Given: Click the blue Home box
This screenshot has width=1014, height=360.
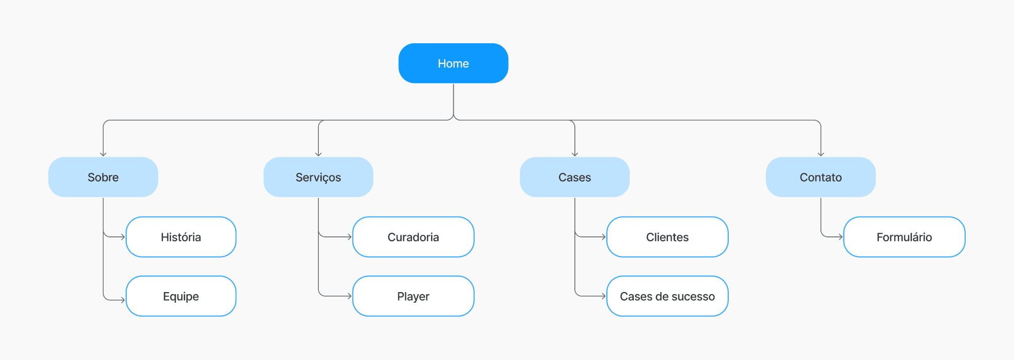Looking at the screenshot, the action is (x=453, y=63).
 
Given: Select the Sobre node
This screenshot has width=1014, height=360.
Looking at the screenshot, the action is (x=103, y=177).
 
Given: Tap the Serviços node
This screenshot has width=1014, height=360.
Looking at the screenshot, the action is (x=318, y=177).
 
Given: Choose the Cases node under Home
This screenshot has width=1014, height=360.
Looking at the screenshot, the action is (x=574, y=177).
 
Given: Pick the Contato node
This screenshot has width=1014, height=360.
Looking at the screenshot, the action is (x=821, y=177).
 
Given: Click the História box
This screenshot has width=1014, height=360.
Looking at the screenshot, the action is (x=181, y=237).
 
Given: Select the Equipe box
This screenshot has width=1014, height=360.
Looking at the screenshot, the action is (x=181, y=296).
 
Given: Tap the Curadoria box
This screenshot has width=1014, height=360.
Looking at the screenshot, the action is (x=413, y=237).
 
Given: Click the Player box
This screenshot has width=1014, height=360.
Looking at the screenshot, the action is (x=413, y=296).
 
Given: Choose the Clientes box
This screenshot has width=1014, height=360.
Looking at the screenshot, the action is (x=667, y=237).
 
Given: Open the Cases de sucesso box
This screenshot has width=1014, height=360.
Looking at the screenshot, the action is (x=667, y=296).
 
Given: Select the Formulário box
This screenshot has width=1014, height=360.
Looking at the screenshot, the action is (x=904, y=237).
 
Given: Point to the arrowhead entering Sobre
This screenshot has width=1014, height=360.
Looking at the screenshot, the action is (x=103, y=154).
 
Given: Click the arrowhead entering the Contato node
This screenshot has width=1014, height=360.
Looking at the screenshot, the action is (x=821, y=154).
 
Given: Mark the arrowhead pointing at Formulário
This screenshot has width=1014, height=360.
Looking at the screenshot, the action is (x=840, y=237).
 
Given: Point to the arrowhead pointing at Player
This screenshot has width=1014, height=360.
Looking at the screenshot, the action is (x=350, y=296).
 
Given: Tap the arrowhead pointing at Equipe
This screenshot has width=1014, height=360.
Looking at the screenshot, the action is (x=123, y=300).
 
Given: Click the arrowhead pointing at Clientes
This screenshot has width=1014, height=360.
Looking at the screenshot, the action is (x=604, y=237).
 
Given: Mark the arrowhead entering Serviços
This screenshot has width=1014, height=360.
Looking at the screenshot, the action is (x=318, y=154).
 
